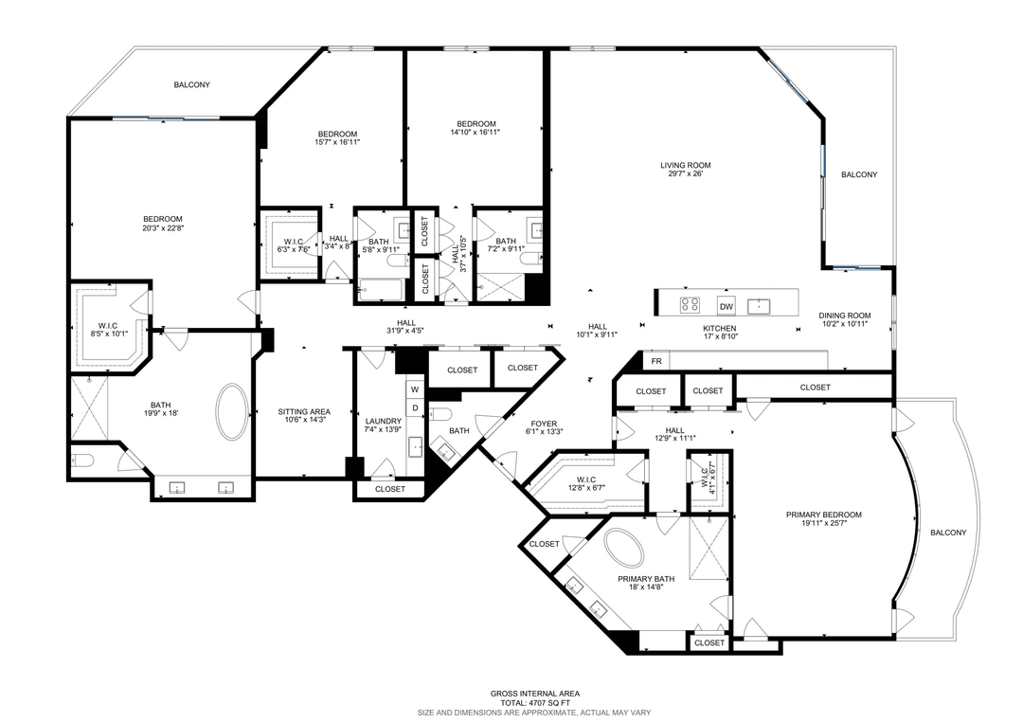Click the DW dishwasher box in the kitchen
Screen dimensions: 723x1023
pyautogui.click(x=727, y=306)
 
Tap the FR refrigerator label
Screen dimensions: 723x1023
pyautogui.click(x=655, y=362)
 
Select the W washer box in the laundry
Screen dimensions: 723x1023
pyautogui.click(x=415, y=389)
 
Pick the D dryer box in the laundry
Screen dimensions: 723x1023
pyautogui.click(x=415, y=407)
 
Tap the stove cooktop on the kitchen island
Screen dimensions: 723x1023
pyautogui.click(x=691, y=305)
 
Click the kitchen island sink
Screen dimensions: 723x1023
pyautogui.click(x=760, y=305)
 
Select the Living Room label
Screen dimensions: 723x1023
pyautogui.click(x=685, y=166)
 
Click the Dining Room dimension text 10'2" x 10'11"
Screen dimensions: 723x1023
pyautogui.click(x=844, y=325)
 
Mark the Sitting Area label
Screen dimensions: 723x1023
pyautogui.click(x=304, y=411)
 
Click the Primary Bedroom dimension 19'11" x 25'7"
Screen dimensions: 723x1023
pyautogui.click(x=823, y=525)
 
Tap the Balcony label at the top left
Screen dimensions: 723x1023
pyautogui.click(x=191, y=85)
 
